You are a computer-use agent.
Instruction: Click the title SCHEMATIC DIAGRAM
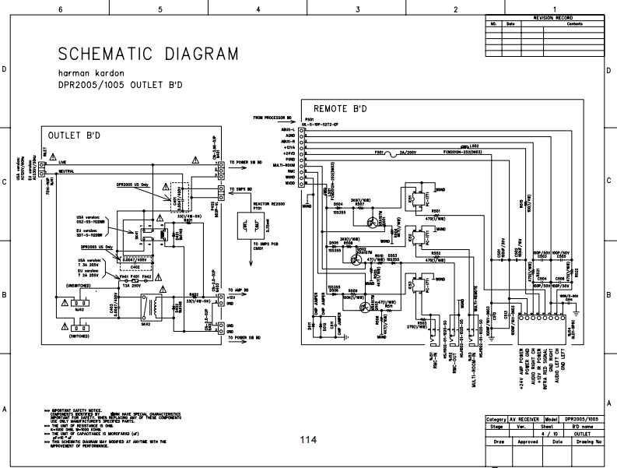coord(149,54)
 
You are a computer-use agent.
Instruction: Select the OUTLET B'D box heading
coord(74,135)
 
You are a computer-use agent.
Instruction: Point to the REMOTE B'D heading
coord(341,107)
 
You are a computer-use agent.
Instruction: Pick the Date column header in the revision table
coord(510,23)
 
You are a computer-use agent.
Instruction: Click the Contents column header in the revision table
coord(574,23)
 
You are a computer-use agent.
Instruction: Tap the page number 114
coord(308,440)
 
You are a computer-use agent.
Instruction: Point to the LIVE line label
coord(62,161)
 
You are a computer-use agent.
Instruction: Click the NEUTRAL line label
coord(65,170)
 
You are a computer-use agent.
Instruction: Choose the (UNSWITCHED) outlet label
coord(78,286)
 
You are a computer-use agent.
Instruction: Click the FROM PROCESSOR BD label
coord(272,118)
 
